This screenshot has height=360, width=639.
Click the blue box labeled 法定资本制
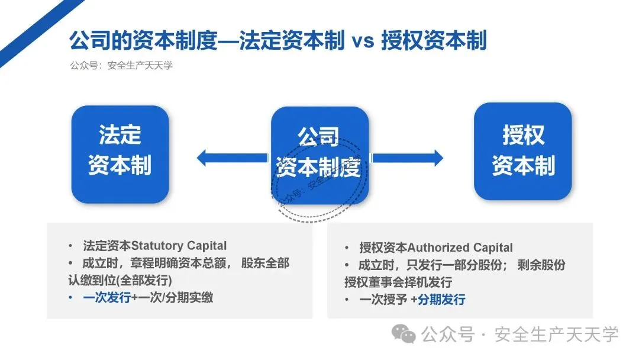pos(120,154)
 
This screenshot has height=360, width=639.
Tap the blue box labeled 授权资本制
pos(523,151)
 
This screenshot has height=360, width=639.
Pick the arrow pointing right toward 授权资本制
pos(408,157)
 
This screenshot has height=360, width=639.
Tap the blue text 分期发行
pos(441,300)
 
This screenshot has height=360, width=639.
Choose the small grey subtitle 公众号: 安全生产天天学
pos(121,66)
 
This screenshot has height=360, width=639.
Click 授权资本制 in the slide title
pos(434,41)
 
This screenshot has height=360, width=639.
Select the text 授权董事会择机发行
pos(398,282)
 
